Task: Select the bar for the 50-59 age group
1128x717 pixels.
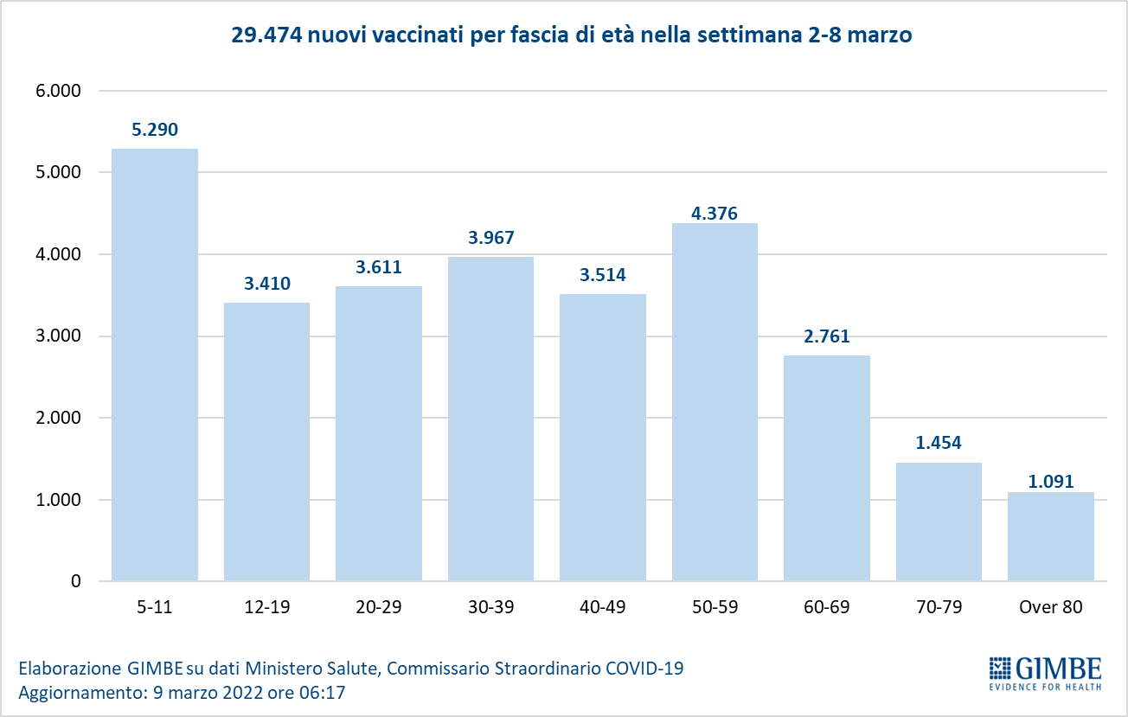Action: click(715, 402)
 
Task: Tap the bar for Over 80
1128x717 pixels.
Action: click(1051, 536)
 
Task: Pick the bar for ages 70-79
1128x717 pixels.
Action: click(939, 522)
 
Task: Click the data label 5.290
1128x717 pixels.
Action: click(155, 131)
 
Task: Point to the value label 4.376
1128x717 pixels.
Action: click(715, 214)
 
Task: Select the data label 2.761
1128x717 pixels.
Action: click(827, 337)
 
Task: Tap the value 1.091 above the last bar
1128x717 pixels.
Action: click(1051, 482)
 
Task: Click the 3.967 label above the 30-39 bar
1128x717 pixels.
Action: click(490, 239)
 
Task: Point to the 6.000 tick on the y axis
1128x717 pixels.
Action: click(57, 91)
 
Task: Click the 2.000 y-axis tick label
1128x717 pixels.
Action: click(57, 418)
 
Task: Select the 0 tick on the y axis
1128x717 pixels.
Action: click(76, 581)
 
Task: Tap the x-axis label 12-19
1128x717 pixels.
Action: click(266, 607)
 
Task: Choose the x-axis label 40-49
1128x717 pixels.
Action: click(603, 607)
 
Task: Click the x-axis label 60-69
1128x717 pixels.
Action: click(827, 607)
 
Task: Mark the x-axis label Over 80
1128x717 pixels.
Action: click(1051, 607)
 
